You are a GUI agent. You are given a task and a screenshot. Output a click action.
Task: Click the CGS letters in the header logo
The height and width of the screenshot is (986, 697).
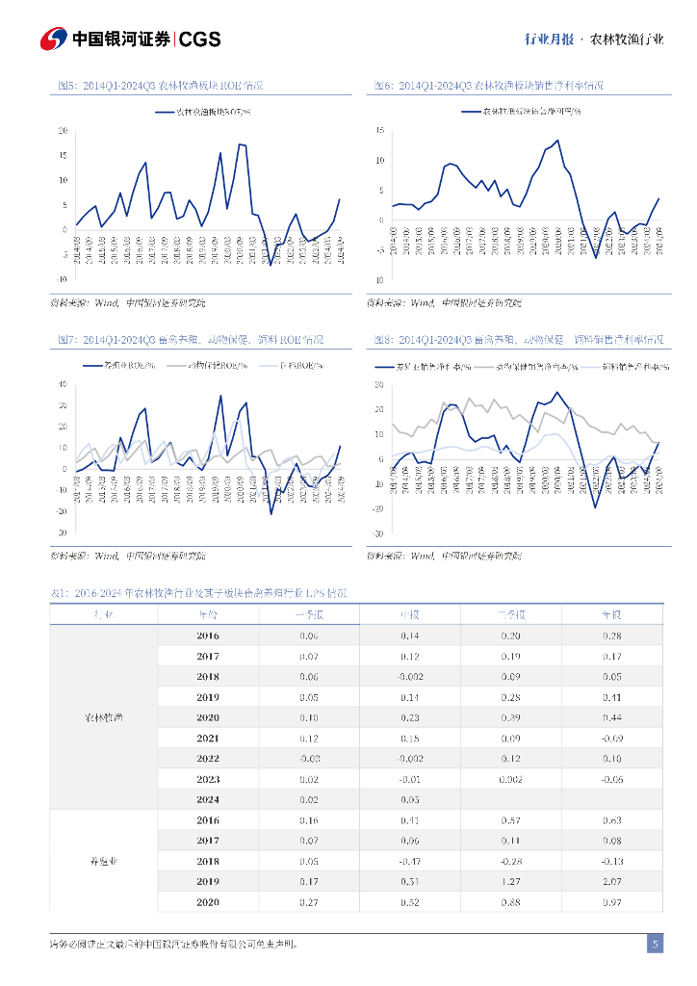tap(200, 39)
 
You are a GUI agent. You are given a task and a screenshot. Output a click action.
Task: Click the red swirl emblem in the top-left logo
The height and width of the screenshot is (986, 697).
tap(53, 39)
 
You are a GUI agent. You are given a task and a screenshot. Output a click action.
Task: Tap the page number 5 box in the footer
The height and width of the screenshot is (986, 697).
tap(655, 944)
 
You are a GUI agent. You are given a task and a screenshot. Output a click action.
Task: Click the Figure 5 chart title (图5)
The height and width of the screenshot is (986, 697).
tap(160, 86)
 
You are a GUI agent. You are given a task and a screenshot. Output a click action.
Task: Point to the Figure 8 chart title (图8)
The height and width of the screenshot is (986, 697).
tap(519, 340)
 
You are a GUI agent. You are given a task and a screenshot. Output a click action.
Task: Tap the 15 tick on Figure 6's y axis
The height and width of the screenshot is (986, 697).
tap(380, 130)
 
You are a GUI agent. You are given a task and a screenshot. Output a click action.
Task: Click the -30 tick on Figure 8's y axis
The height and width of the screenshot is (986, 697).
tap(378, 533)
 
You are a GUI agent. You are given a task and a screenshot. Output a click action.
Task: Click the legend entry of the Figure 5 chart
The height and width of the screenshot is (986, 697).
tap(205, 112)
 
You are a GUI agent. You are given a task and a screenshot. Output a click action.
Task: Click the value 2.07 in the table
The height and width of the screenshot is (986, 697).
tap(611, 881)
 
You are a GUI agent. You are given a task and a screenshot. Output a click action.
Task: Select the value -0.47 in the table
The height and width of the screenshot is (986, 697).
tap(409, 861)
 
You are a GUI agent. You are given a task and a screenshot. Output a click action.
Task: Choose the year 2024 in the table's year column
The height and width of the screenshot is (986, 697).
tap(208, 799)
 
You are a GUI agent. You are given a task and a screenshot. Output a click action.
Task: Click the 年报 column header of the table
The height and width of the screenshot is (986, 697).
tap(611, 614)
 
